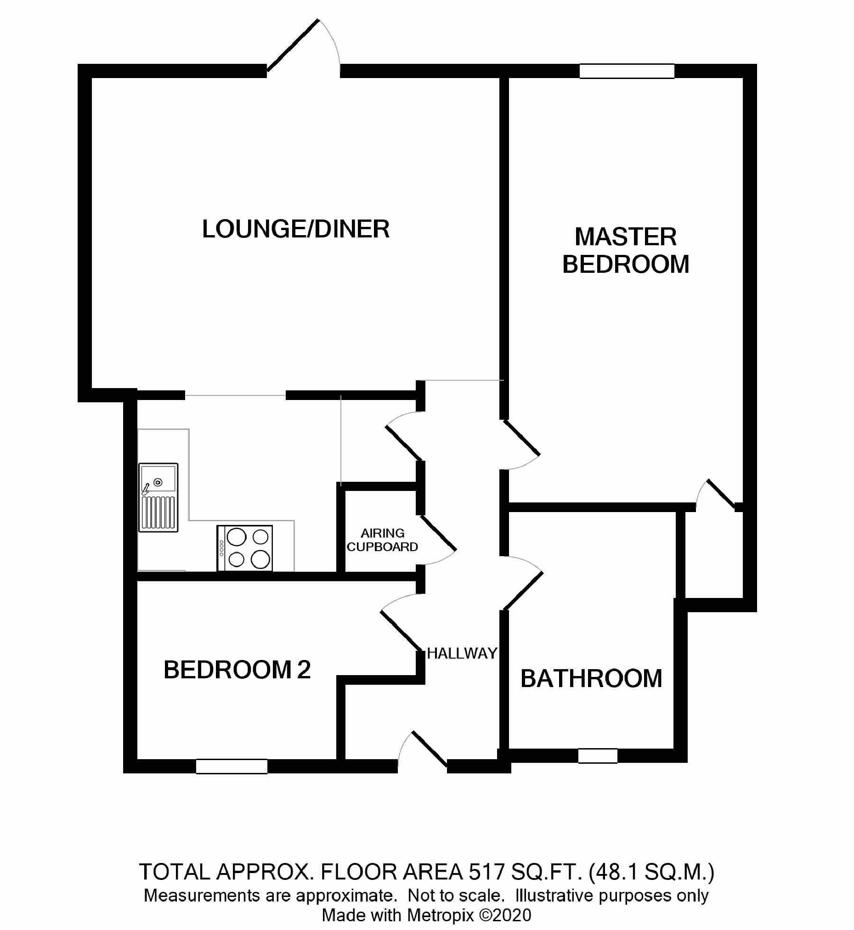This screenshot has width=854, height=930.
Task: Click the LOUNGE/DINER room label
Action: (296, 229)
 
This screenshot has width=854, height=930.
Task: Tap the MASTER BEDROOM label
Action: (626, 250)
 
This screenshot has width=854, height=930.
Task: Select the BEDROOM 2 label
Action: (237, 670)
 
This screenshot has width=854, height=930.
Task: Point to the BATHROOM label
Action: (591, 679)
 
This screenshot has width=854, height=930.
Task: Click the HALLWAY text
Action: (462, 653)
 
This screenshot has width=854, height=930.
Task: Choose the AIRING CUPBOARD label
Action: (382, 540)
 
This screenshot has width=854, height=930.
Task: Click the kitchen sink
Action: (158, 497)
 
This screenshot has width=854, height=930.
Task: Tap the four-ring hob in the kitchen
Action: (245, 548)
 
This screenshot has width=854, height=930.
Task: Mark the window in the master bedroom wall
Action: (627, 71)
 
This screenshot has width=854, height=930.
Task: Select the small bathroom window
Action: (598, 756)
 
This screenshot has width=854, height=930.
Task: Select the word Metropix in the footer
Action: (441, 915)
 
